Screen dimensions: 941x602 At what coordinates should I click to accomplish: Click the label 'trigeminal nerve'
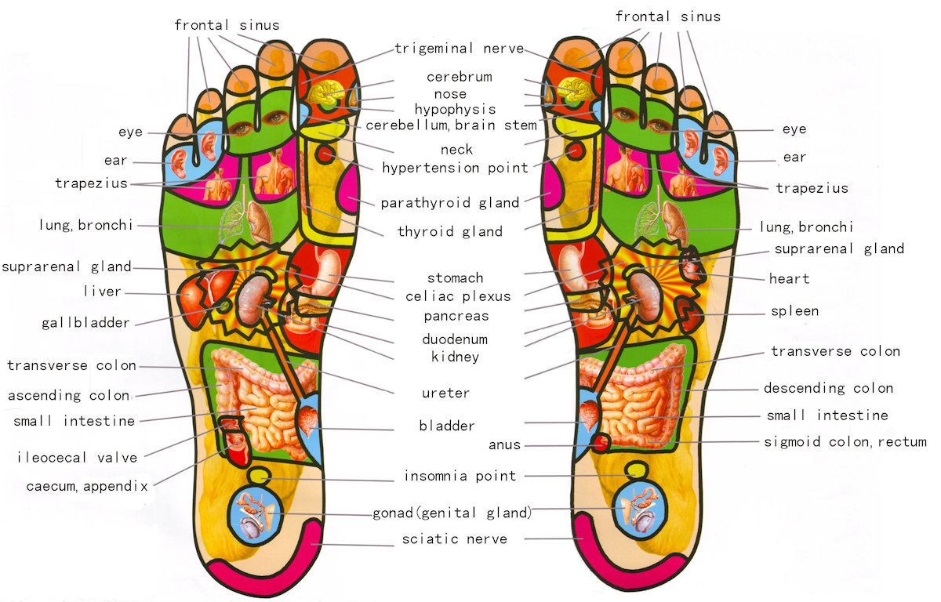(x=460, y=49)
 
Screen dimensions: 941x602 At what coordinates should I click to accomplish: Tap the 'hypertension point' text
(x=455, y=168)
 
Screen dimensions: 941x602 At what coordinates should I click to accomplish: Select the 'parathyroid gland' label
(x=450, y=203)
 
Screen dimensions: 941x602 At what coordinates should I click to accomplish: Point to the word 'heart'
(x=790, y=279)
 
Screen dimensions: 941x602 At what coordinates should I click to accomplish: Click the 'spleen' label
(x=795, y=311)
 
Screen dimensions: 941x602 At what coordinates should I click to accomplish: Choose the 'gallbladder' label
(x=85, y=323)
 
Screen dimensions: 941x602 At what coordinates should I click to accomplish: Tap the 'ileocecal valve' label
(x=78, y=458)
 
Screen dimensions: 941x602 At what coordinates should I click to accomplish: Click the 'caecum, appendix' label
(x=87, y=486)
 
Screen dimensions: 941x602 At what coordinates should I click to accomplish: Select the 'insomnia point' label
(x=460, y=476)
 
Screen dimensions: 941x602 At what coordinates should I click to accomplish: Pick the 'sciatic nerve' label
(x=455, y=539)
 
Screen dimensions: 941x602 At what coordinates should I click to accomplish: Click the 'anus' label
(x=504, y=445)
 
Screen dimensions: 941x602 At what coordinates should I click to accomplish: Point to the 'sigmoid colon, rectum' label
(x=845, y=442)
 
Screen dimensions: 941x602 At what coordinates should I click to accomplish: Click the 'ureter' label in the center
(x=445, y=393)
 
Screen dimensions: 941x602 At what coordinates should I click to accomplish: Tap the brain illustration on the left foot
(x=327, y=92)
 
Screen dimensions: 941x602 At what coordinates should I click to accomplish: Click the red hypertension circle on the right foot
(x=575, y=150)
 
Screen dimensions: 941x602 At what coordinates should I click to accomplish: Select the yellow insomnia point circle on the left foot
(x=260, y=475)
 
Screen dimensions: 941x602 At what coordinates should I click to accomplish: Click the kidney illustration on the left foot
(x=253, y=299)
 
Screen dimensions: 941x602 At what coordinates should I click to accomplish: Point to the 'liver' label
(x=103, y=292)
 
